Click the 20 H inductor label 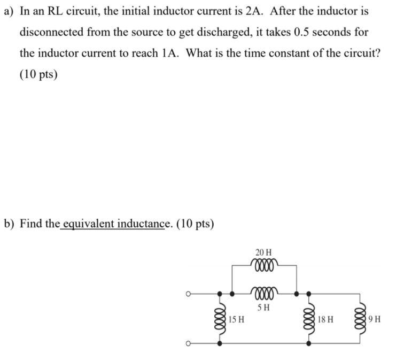point(263,251)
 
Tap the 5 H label point(263,308)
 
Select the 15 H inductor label point(237,320)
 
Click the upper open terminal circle point(188,294)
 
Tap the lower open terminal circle point(188,343)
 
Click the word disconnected point(52,32)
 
